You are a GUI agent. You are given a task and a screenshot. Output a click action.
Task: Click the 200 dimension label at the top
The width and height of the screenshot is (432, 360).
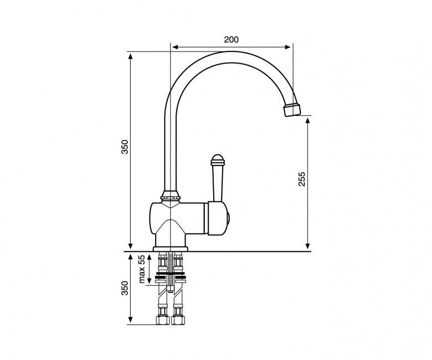pos(231,40)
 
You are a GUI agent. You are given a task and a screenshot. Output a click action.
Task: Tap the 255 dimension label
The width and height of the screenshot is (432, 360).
pos(302,179)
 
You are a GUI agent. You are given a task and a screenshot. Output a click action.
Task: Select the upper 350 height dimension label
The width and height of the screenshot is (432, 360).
pos(125,147)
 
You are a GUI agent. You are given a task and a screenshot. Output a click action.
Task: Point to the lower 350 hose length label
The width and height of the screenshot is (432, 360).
pos(125,288)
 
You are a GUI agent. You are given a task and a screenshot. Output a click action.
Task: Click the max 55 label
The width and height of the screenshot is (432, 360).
pos(142,269)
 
